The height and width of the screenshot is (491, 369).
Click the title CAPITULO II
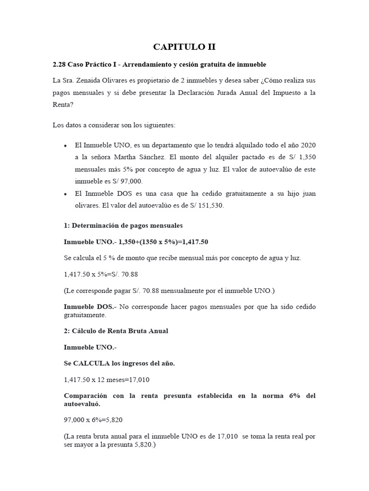pos(184,47)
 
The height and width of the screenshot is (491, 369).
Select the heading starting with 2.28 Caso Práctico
pos(159,64)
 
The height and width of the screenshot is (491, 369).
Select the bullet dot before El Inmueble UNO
pos(65,145)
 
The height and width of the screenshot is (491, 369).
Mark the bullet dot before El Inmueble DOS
pos(65,194)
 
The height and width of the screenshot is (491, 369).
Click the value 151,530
pos(210,206)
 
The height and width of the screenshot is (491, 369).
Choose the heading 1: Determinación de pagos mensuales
pos(123,225)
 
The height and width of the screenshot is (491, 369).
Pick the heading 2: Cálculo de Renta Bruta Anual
pos(116,331)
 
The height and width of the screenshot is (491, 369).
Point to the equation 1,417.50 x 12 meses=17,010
pos(107,380)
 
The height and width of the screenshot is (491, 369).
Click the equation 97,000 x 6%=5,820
pos(93,420)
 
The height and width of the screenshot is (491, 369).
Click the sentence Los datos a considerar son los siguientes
pos(114,125)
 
